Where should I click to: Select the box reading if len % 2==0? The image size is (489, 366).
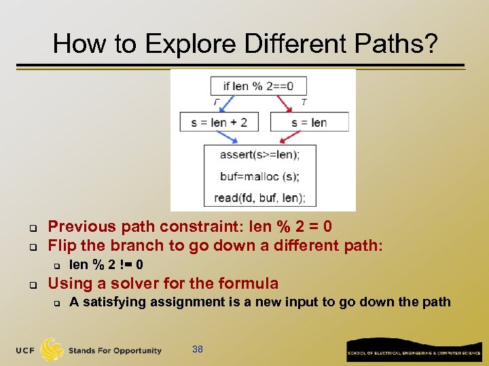click(258, 85)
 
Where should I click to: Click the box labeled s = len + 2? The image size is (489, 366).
click(219, 122)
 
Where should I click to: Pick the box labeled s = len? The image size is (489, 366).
click(309, 122)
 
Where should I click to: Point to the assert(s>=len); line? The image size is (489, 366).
click(259, 155)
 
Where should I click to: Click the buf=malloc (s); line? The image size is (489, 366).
click(259, 176)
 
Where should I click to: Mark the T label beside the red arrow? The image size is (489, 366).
click(304, 102)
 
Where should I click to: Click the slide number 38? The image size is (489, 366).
click(198, 349)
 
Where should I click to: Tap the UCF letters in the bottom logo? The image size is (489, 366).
click(26, 350)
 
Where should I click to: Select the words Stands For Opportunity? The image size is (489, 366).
click(115, 350)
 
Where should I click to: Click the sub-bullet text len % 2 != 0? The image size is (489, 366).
click(106, 264)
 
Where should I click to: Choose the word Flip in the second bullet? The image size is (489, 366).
click(62, 245)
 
